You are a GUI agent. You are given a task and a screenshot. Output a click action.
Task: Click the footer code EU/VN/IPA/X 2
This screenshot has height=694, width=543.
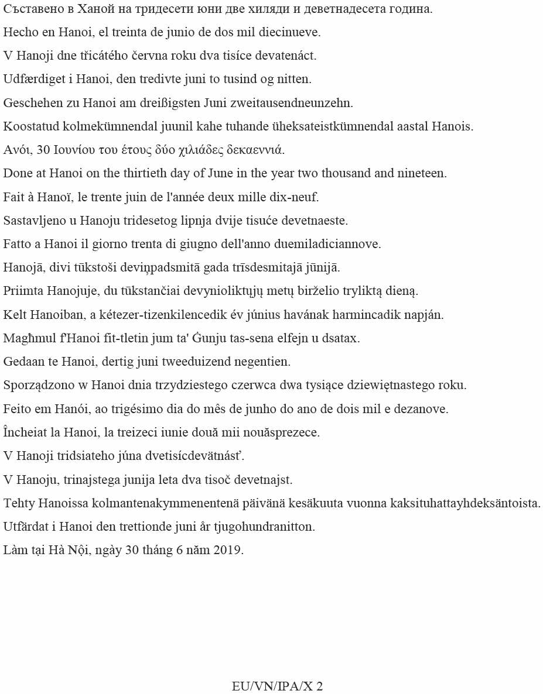pos(277,686)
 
